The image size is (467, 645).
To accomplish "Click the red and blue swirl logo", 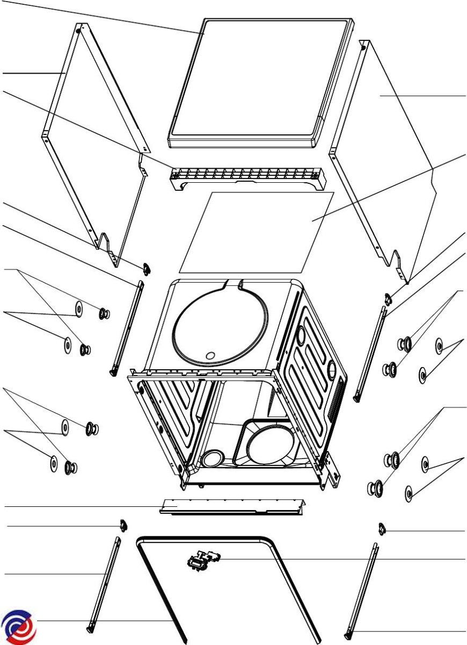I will tap(19, 627).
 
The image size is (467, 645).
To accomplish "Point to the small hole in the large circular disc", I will tap(210, 355).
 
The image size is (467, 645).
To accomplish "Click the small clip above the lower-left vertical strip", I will tap(122, 524).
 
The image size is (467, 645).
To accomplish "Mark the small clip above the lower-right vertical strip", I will tap(382, 530).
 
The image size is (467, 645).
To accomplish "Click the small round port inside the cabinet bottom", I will tap(212, 460).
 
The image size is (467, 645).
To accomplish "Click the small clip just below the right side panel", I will tap(388, 297).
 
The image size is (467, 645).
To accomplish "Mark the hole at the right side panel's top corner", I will tap(363, 47).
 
